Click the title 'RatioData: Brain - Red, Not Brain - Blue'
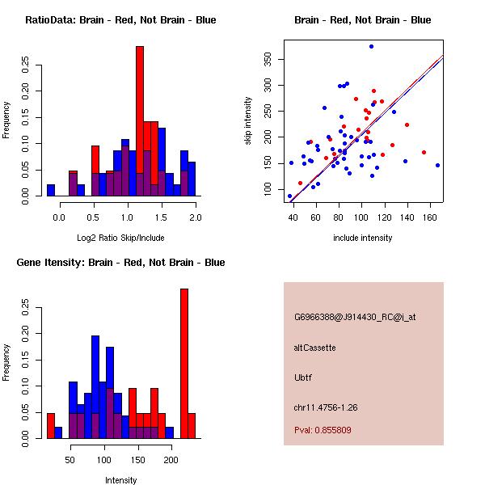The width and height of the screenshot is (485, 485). pyautogui.click(x=120, y=20)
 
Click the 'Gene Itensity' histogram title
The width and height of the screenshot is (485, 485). pyautogui.click(x=120, y=263)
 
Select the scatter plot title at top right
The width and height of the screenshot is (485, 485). pyautogui.click(x=362, y=20)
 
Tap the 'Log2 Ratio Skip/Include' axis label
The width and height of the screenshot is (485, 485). pyautogui.click(x=120, y=238)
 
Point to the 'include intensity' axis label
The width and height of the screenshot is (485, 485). pyautogui.click(x=362, y=238)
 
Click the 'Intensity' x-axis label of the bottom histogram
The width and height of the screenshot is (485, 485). pyautogui.click(x=120, y=480)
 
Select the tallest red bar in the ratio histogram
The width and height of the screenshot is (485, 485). pyautogui.click(x=140, y=121)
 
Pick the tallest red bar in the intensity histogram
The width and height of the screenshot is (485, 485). pyautogui.click(x=183, y=364)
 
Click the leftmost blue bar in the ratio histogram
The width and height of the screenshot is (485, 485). pyautogui.click(x=51, y=190)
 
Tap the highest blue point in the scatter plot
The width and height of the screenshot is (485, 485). pyautogui.click(x=371, y=47)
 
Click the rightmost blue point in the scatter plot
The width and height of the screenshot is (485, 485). pyautogui.click(x=437, y=165)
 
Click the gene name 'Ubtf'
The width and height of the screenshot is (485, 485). pyautogui.click(x=302, y=377)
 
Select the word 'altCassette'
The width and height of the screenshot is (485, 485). pyautogui.click(x=315, y=348)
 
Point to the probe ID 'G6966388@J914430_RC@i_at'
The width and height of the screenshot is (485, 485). pyautogui.click(x=355, y=318)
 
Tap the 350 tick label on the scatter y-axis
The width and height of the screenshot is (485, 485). pyautogui.click(x=267, y=59)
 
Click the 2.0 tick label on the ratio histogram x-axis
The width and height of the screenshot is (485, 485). pyautogui.click(x=195, y=217)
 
